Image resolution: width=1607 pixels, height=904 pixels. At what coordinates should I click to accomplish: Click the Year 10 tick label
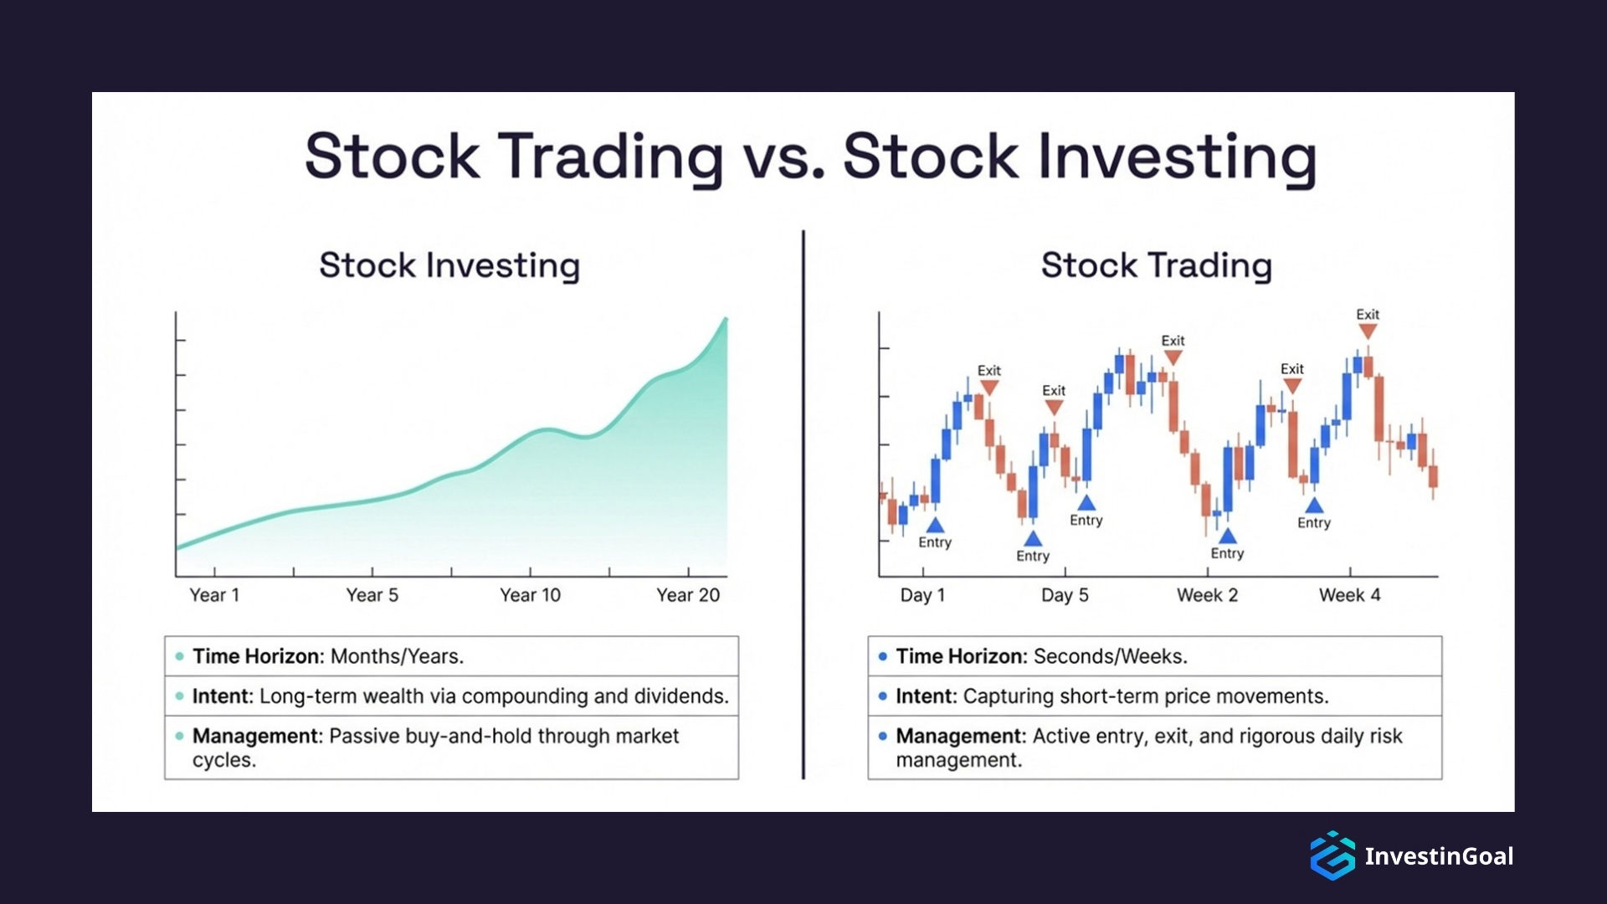tap(530, 595)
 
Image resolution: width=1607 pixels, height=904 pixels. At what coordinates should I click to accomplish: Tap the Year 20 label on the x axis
tap(687, 595)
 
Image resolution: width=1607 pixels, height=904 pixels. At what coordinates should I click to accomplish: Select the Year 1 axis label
tap(214, 595)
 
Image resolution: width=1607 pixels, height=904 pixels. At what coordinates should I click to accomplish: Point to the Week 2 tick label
tap(1207, 595)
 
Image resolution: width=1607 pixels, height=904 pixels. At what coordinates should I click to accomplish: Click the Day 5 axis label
tap(1065, 595)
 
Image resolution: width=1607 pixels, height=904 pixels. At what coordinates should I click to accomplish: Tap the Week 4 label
tap(1349, 595)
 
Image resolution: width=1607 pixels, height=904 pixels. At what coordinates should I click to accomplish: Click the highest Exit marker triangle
tap(1368, 331)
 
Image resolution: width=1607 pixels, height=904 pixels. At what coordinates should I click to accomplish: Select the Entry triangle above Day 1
tap(935, 526)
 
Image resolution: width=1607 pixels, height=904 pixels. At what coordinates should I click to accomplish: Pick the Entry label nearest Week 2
tap(1227, 553)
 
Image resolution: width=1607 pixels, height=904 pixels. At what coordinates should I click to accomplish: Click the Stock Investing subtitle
tap(449, 265)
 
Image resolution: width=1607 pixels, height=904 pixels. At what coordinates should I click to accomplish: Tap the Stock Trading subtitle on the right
tap(1156, 265)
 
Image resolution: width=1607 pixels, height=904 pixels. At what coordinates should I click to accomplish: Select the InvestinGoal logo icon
tap(1332, 855)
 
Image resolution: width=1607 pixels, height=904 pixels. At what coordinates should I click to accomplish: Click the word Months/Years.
tap(397, 656)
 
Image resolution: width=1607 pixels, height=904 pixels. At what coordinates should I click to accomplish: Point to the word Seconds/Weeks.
tap(1110, 656)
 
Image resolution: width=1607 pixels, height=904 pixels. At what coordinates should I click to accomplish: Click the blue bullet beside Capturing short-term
tap(882, 696)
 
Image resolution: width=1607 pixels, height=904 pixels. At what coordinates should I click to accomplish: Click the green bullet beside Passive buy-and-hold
tap(179, 737)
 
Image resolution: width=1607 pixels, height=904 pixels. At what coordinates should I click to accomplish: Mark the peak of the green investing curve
tap(726, 319)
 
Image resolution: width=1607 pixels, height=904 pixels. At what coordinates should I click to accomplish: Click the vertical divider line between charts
tap(803, 502)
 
